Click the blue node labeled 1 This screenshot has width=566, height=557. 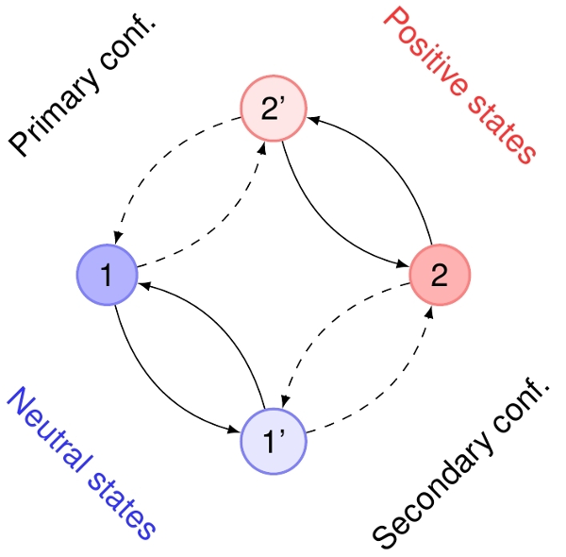(107, 275)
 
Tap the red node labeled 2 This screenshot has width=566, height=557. (439, 275)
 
